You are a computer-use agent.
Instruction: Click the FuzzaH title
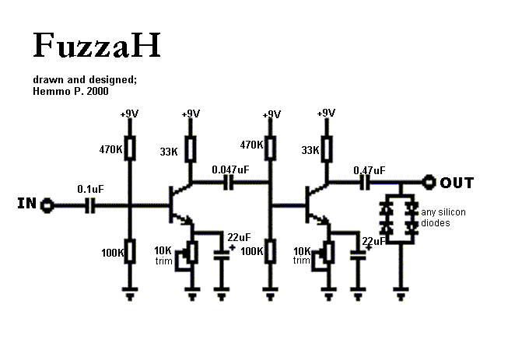(96, 46)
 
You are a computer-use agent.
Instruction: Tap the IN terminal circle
(47, 206)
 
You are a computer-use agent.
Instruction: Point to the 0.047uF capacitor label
(231, 169)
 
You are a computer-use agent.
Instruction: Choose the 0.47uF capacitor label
(369, 170)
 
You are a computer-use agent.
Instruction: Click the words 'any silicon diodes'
(446, 218)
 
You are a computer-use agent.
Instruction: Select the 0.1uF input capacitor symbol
(89, 206)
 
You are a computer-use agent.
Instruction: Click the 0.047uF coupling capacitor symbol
(229, 183)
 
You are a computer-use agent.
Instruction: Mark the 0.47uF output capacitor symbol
(364, 183)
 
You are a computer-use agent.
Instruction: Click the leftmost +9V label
(129, 114)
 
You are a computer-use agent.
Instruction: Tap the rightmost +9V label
(326, 114)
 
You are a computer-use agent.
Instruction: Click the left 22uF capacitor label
(239, 237)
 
